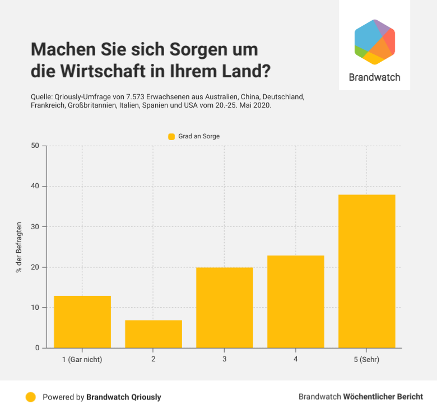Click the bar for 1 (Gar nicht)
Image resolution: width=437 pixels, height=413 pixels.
[x=82, y=322]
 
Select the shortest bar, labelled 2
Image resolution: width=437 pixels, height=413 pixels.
[x=154, y=334]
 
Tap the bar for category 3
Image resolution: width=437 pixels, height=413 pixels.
[x=225, y=308]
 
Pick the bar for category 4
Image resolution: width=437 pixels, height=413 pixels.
[x=296, y=301]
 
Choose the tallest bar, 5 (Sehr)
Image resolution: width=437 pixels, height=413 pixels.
[x=367, y=271]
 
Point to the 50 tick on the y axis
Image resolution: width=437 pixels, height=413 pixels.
[x=35, y=146]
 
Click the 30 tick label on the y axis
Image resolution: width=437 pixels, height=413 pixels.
[x=35, y=226]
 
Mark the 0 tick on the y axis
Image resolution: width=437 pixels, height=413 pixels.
[x=37, y=348]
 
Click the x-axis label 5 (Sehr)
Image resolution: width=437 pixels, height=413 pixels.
[x=366, y=359]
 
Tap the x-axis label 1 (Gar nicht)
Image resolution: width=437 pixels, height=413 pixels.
[x=82, y=359]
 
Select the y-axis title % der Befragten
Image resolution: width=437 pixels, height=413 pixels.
[x=19, y=247]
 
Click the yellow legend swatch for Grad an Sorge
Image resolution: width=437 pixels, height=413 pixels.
[x=172, y=136]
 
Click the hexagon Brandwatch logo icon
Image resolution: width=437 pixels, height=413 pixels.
[x=375, y=42]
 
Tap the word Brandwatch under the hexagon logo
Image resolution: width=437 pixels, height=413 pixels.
[x=374, y=77]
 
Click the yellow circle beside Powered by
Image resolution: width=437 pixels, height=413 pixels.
[x=31, y=397]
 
